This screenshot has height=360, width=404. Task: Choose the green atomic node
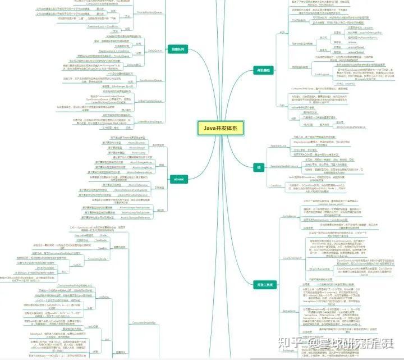(179, 179)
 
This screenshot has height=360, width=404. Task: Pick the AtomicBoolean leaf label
(138, 143)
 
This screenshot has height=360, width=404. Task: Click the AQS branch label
(281, 33)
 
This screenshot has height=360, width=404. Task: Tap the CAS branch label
(281, 104)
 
